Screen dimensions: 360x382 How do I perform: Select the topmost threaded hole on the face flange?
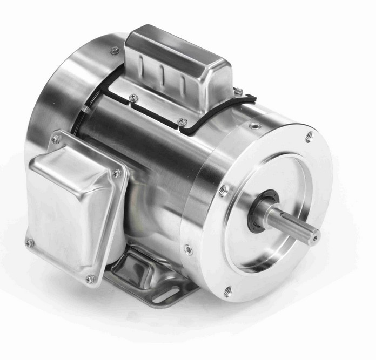coord(309,136)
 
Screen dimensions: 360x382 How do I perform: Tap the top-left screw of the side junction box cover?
coord(55,139)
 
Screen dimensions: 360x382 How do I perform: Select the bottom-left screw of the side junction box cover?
coord(30,243)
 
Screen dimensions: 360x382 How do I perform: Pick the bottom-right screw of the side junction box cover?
coord(90,279)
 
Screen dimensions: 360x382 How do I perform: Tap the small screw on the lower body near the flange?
coord(187,249)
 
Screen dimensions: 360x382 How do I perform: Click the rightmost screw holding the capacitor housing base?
coord(237,92)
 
